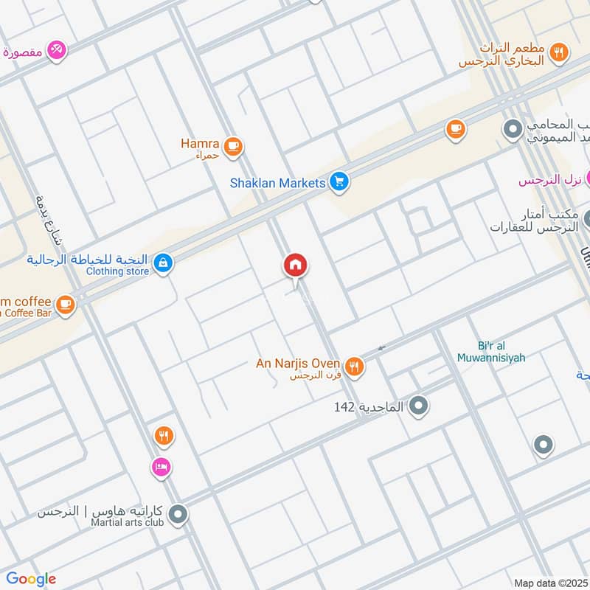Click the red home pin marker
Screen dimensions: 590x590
[296, 265]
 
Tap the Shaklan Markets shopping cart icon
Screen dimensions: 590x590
[339, 181]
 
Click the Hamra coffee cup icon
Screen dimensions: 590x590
[234, 145]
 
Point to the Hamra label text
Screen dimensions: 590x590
[200, 143]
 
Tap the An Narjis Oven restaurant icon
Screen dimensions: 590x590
[355, 366]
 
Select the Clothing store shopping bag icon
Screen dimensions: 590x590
[163, 262]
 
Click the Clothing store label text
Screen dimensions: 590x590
[117, 271]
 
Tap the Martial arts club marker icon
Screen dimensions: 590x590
[178, 515]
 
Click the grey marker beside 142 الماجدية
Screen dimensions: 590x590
[419, 406]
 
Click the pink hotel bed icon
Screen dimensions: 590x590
[162, 466]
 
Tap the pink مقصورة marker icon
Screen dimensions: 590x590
[57, 50]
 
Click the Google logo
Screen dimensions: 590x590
[30, 579]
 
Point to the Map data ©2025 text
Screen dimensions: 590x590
[550, 583]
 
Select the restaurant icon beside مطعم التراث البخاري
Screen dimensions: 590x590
[560, 52]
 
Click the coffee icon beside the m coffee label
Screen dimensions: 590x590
[66, 303]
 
